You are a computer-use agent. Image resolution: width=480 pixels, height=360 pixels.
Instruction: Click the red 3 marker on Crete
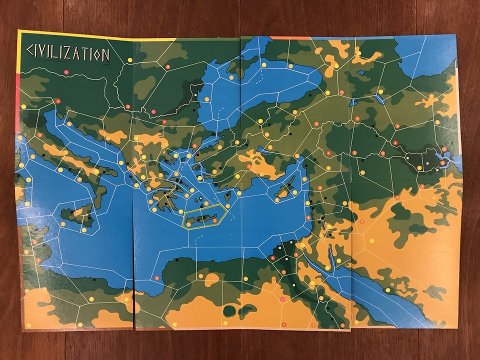point(214,220)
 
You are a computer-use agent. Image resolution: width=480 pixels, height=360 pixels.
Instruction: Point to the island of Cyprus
point(285,190)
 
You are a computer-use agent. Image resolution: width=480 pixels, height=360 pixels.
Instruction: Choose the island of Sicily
point(78,213)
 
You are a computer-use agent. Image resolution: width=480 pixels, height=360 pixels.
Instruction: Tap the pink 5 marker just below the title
point(67,72)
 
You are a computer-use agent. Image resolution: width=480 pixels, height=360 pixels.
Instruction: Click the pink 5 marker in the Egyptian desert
point(282,299)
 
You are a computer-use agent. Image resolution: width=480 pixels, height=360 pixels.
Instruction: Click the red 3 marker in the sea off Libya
point(157,278)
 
